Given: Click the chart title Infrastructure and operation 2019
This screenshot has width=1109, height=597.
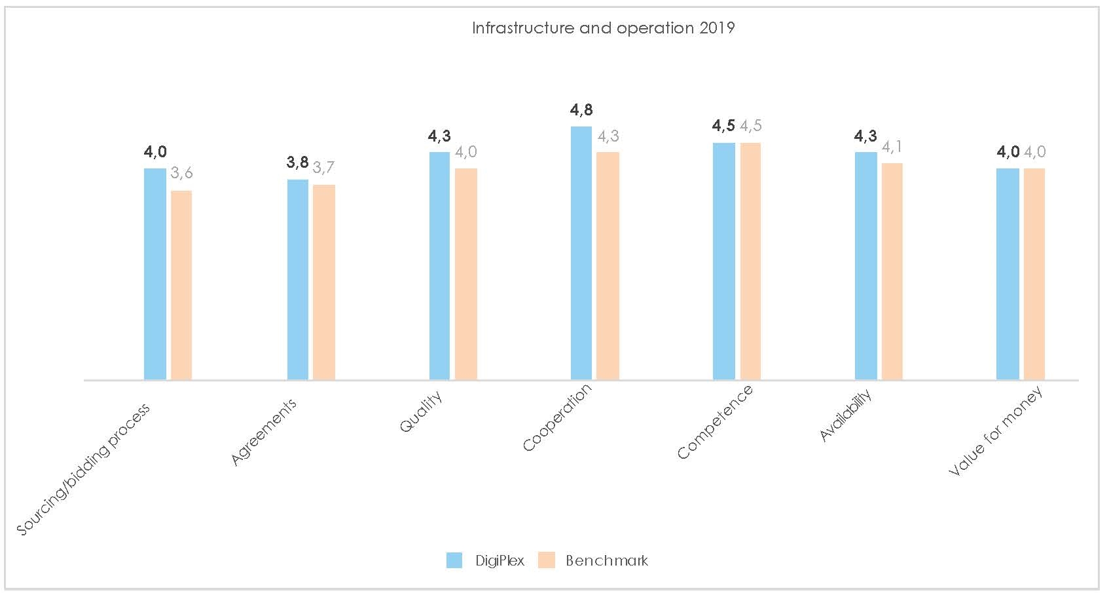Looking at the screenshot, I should (603, 28).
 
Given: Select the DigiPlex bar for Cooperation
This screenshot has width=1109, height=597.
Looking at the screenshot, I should (581, 253).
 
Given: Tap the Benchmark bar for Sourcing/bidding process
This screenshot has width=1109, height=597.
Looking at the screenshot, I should (181, 285).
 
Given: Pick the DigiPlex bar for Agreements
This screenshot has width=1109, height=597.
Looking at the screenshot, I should (298, 280).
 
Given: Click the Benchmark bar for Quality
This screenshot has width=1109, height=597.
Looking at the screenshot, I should (466, 274).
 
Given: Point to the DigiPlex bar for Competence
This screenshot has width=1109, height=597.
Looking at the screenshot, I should (724, 261).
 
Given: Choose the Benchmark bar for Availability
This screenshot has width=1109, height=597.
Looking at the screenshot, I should (892, 271).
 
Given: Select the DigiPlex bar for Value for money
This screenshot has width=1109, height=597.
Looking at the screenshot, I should (1008, 274).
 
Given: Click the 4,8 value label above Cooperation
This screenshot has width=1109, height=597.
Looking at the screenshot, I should (581, 110).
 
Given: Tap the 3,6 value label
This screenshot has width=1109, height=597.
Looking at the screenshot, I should (181, 174).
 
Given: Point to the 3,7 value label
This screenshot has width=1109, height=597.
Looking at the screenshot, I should (324, 168).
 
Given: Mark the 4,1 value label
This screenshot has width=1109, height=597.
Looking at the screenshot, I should (892, 147).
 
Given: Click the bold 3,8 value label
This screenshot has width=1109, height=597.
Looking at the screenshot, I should (298, 163).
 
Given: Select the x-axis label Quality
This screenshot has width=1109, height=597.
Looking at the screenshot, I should (422, 411).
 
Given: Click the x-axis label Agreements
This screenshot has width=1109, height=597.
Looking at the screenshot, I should (264, 432).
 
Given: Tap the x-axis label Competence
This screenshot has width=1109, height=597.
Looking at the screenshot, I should (716, 422).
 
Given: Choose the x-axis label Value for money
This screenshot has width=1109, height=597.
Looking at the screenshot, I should (994, 432).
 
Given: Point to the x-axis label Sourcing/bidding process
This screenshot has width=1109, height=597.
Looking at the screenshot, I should (83, 469).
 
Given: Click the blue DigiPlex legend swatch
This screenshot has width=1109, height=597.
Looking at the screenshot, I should (454, 560).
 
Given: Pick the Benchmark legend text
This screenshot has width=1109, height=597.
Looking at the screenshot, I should (607, 561).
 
